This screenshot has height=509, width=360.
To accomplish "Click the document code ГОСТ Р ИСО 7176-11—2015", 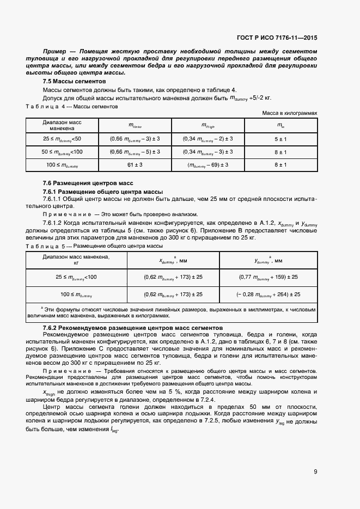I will (277, 38).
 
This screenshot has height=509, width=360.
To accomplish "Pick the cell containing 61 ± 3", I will (135, 164).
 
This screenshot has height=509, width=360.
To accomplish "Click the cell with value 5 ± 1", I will (280, 139).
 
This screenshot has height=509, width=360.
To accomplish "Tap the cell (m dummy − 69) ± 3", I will (208, 164).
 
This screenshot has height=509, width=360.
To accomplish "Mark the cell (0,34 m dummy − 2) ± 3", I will (208, 139).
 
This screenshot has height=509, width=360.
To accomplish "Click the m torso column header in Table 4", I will (135, 126).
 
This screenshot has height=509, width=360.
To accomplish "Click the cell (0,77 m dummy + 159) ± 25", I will (268, 277).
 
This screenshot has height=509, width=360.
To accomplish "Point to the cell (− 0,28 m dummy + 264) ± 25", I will (268, 294).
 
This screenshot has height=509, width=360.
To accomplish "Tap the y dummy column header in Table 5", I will (268, 260).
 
